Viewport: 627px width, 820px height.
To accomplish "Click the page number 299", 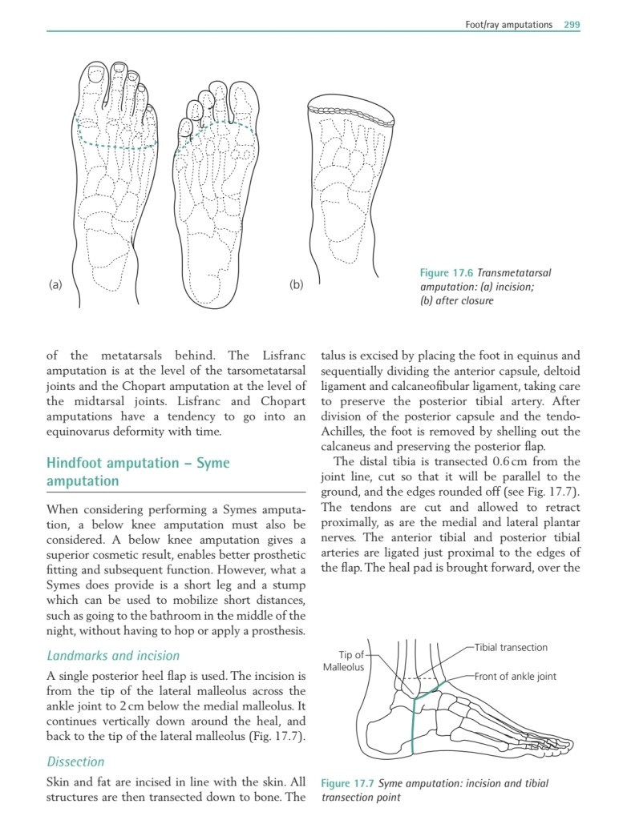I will [x=571, y=25].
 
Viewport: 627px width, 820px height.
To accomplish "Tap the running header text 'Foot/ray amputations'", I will [x=508, y=25].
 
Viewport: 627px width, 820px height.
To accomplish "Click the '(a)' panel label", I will [x=55, y=284].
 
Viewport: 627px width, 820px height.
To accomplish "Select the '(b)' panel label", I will [x=297, y=284].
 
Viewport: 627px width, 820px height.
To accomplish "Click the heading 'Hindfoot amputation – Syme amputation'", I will [x=138, y=472].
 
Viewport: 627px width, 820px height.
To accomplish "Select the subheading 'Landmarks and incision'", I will [x=113, y=656].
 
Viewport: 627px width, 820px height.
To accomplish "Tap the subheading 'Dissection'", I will [x=76, y=762].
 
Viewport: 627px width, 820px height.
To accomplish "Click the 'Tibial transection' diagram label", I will [x=511, y=647].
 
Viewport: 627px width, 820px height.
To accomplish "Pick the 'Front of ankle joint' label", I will [x=515, y=676].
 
